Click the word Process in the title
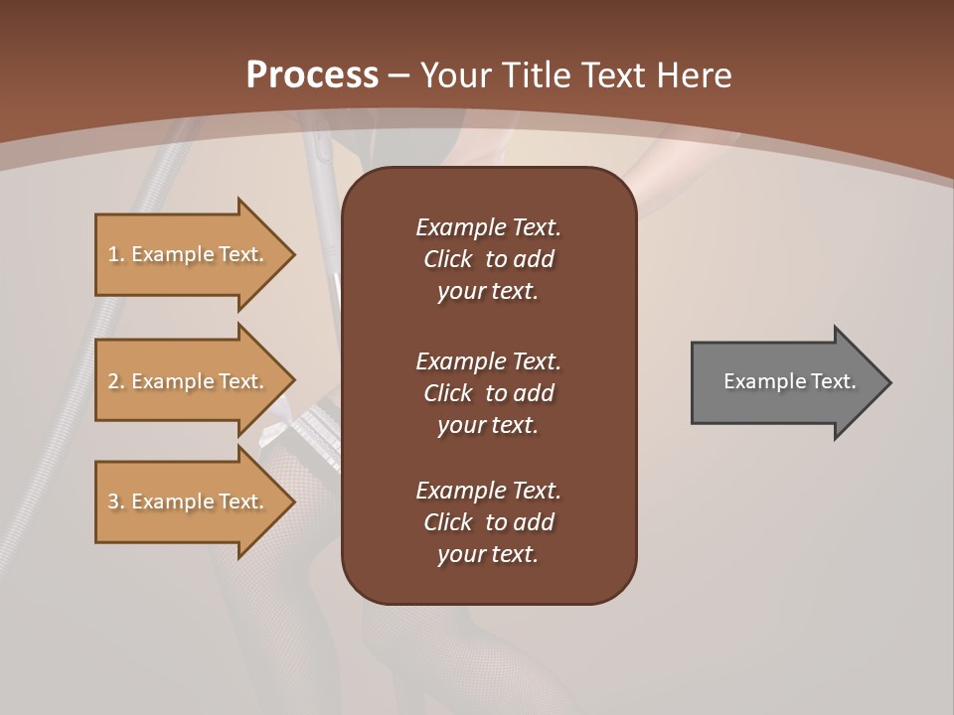click(x=312, y=75)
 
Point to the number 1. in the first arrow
click(x=115, y=254)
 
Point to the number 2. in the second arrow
click(x=115, y=381)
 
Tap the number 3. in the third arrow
click(x=115, y=501)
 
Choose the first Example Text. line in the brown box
click(x=488, y=227)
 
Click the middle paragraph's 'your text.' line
click(x=488, y=425)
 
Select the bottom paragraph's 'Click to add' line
click(x=488, y=522)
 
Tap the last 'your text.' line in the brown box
click(x=488, y=554)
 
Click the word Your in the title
click(x=453, y=75)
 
